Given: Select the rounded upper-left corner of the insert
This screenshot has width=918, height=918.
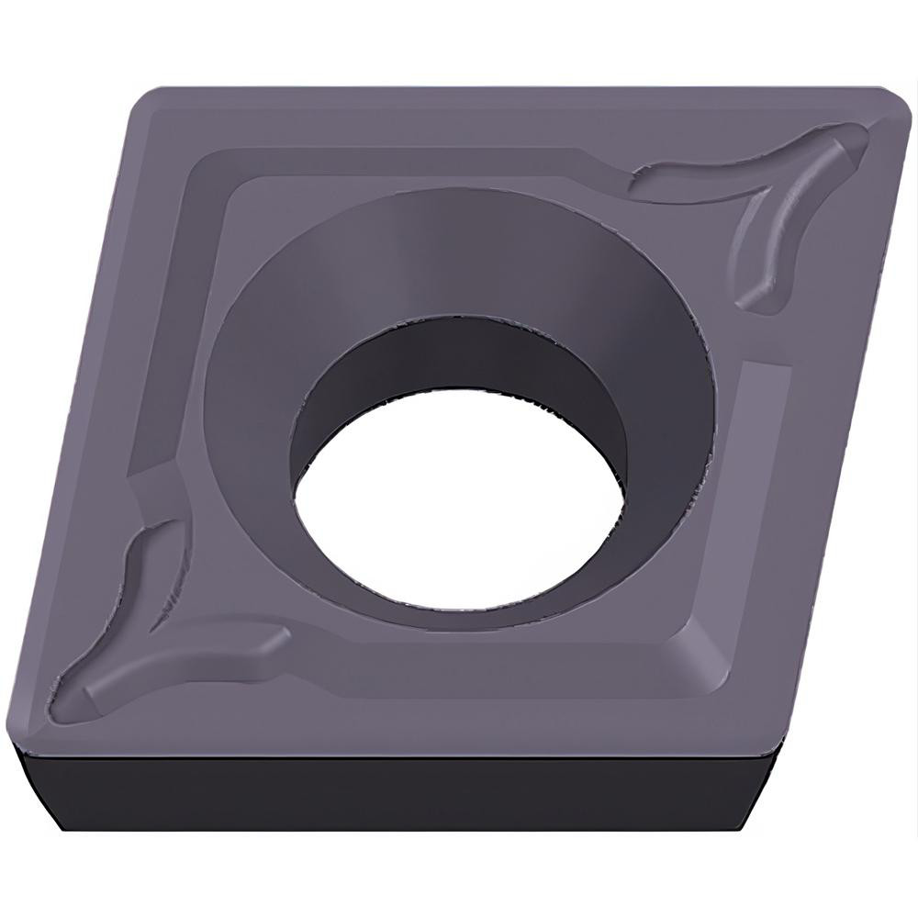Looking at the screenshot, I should click(147, 96).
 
